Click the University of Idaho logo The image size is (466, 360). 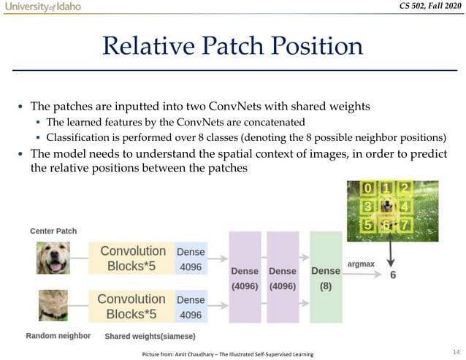pos(42,7)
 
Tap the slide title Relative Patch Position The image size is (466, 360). pos(232,47)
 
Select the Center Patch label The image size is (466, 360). pos(53,231)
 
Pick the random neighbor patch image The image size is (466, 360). pos(53,306)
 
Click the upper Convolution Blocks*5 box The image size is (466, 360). pos(132,258)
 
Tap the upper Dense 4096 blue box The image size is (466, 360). pos(191,259)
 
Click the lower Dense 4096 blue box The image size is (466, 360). pos(191,307)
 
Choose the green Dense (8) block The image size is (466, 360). pos(326,277)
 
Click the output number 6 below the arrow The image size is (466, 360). pos(393,275)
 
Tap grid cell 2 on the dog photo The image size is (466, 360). pos(404,188)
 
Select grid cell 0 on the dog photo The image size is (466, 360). pos(371,188)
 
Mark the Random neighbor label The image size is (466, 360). pos(58,336)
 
